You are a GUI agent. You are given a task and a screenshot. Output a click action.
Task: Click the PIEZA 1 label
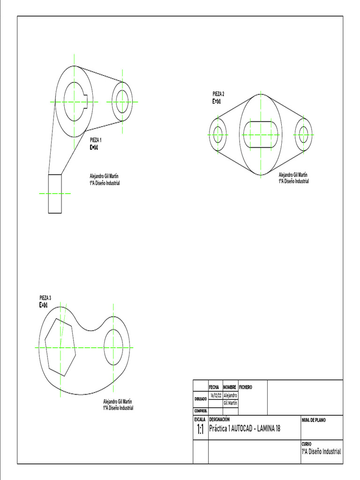pos(96,140)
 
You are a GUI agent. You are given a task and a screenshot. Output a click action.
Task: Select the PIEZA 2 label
pos(218,94)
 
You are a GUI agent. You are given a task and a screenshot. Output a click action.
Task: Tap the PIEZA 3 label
pos(45,298)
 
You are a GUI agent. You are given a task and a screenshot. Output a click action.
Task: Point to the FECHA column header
pos(214,388)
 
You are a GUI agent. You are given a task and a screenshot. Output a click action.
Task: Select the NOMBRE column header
pos(230,388)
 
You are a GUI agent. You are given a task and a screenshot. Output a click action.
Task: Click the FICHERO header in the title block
pos(246,388)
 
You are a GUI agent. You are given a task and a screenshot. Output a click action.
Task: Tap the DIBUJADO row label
pos(200,399)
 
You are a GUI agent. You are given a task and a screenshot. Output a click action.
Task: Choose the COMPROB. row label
pos(200,411)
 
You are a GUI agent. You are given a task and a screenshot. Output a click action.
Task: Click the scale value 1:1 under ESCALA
pos(200,430)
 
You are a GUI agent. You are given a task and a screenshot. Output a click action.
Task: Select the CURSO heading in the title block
pos(306,443)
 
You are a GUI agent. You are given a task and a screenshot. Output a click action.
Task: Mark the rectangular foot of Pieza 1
pos(55,194)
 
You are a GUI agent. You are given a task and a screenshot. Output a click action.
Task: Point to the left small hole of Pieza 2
pos(217,135)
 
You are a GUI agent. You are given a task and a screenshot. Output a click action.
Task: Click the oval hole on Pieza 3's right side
pos(113,347)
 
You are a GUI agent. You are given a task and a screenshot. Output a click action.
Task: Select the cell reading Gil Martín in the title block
pos(230,403)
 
